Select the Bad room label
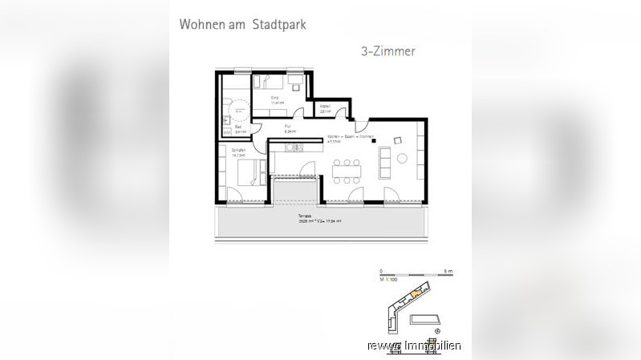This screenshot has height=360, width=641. [x=238, y=128]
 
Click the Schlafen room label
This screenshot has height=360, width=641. [x=238, y=152]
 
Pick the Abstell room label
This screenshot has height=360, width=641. [x=326, y=108]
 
